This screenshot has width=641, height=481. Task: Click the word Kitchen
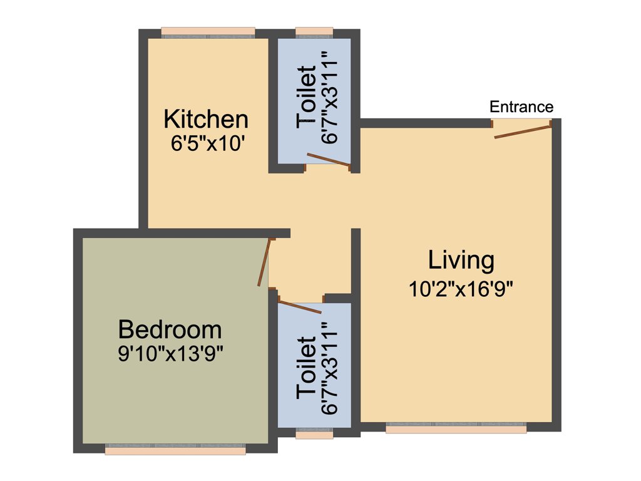point(206,118)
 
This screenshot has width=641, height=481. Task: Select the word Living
point(461,260)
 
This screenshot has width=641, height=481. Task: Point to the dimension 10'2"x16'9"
point(463,289)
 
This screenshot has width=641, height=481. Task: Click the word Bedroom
point(170,329)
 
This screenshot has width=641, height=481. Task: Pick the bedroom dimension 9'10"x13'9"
point(171,354)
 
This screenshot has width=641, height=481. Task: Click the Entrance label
point(521,106)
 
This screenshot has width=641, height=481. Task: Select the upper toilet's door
point(329,161)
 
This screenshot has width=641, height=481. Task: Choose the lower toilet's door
point(299,307)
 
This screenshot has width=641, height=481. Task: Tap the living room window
point(456,429)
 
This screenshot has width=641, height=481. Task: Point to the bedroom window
point(175,450)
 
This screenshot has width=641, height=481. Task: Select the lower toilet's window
point(314,433)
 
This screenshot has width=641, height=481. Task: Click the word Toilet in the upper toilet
point(307,97)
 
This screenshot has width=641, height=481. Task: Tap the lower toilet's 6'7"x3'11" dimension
point(329,368)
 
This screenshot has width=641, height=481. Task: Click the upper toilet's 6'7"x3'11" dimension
point(329,97)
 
